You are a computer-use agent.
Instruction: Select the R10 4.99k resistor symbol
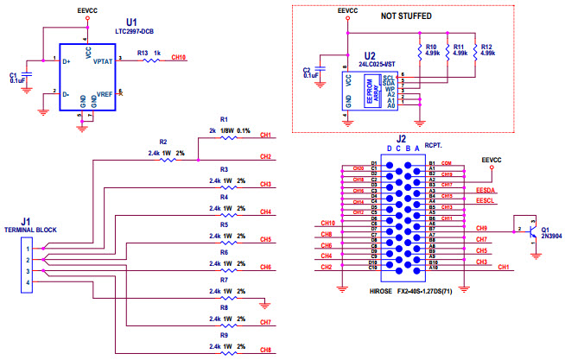coord(419,54)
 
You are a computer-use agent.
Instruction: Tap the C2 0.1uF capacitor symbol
coord(321,70)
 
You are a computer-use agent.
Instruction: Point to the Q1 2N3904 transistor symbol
coord(530,231)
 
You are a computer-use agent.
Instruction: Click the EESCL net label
coord(486,202)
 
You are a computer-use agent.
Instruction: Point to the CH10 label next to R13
coord(178,59)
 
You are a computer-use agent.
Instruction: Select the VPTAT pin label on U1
coord(102,61)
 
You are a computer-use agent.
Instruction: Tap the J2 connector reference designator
coord(401,138)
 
